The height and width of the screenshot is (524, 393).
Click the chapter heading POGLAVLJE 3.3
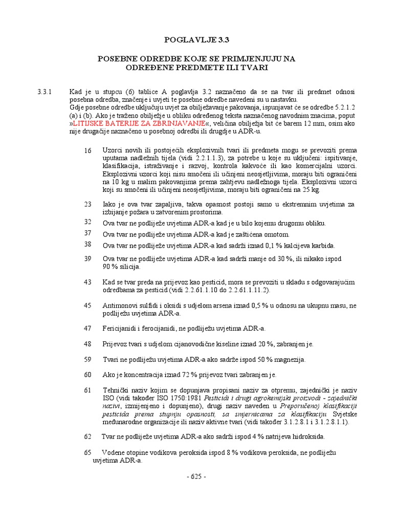click(196, 38)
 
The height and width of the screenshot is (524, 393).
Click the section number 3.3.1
click(45, 92)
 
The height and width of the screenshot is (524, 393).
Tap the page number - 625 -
click(196, 476)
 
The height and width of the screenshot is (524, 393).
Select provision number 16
click(88, 150)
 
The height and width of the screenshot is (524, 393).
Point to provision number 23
click(88, 204)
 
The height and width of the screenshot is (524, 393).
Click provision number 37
click(88, 233)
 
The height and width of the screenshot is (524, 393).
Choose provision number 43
click(88, 282)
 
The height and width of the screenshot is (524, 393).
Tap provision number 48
click(88, 344)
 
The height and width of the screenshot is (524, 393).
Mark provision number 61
click(88, 390)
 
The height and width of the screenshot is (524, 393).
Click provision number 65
click(88, 452)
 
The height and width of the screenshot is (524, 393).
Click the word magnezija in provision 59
click(289, 360)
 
